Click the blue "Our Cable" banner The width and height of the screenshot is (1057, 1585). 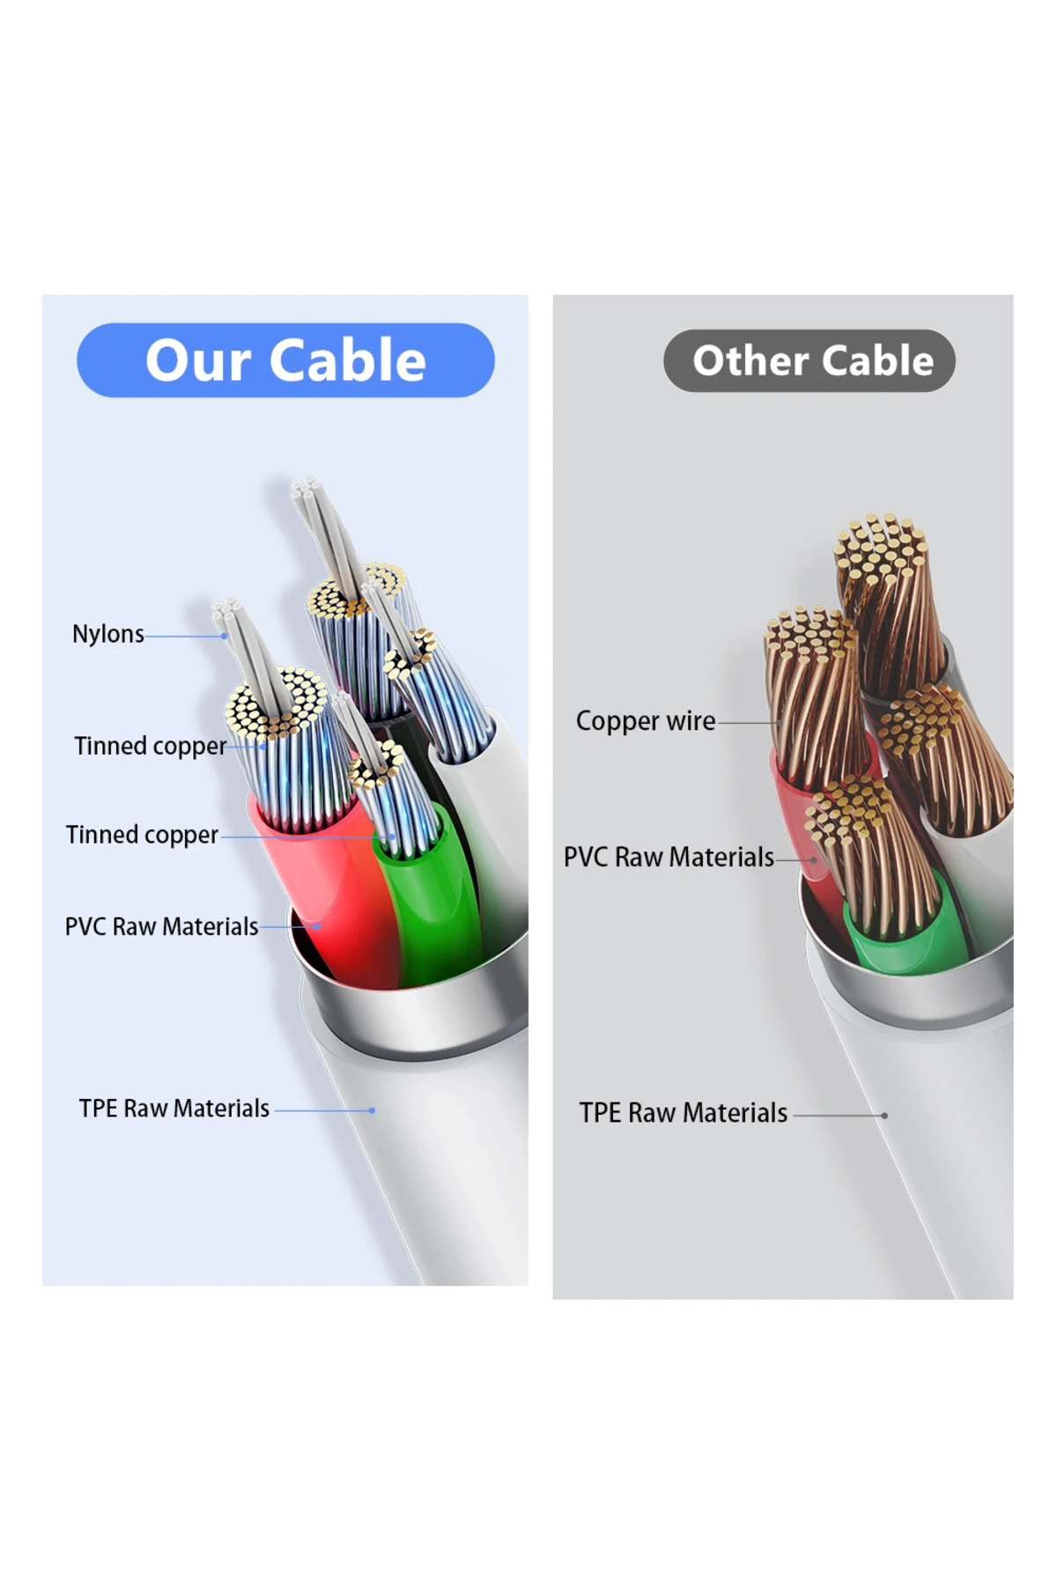[x=285, y=360]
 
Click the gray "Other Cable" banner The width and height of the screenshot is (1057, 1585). [x=809, y=361]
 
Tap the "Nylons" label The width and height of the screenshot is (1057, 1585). [x=107, y=634]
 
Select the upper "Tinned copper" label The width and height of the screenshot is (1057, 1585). [x=150, y=746]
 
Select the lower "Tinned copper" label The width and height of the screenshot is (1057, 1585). [x=142, y=835]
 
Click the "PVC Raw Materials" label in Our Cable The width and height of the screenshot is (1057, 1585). [x=161, y=926]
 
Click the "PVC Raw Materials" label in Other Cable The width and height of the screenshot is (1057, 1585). [x=669, y=857]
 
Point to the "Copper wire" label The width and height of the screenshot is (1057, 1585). [x=646, y=721]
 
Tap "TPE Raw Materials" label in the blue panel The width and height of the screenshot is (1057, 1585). [x=174, y=1109]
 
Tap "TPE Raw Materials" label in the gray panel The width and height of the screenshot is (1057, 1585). [x=683, y=1113]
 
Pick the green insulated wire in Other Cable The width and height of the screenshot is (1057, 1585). [x=898, y=925]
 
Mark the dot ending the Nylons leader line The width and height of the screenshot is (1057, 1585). [x=225, y=636]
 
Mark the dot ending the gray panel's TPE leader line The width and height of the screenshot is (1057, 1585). [x=884, y=1116]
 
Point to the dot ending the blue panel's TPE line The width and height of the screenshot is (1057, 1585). [x=372, y=1110]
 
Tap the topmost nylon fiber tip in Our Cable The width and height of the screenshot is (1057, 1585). [x=306, y=487]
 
